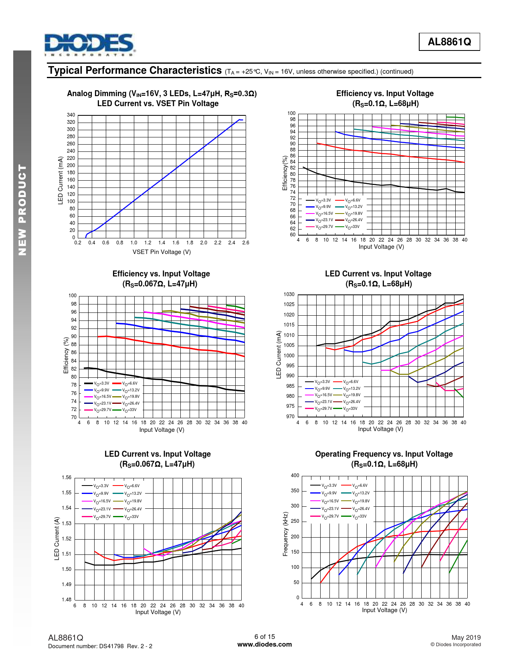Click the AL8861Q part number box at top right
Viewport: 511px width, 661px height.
pyautogui.click(x=449, y=42)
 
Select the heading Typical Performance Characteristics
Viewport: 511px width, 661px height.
pyautogui.click(x=135, y=71)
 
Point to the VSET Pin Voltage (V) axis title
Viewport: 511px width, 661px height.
pyautogui.click(x=162, y=252)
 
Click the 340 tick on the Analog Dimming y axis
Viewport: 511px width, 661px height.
pyautogui.click(x=71, y=115)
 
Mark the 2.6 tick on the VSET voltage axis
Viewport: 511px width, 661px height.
pyautogui.click(x=246, y=243)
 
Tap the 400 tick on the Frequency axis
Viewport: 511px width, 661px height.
pyautogui.click(x=295, y=476)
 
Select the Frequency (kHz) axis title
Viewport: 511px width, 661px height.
pyautogui.click(x=285, y=534)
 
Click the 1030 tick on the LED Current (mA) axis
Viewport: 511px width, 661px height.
pyautogui.click(x=289, y=294)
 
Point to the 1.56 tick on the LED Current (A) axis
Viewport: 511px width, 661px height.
pyautogui.click(x=67, y=478)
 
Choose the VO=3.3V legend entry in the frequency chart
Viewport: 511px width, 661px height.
pyautogui.click(x=324, y=486)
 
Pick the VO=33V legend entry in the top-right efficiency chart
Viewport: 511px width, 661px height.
pyautogui.click(x=348, y=227)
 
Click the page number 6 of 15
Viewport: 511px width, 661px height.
pyautogui.click(x=265, y=637)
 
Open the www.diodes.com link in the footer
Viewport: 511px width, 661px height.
pyautogui.click(x=265, y=645)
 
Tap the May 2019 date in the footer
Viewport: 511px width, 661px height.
pyautogui.click(x=466, y=637)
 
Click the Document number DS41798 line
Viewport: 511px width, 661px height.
pyautogui.click(x=100, y=646)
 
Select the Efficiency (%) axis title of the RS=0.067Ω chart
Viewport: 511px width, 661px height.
pyautogui.click(x=66, y=355)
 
